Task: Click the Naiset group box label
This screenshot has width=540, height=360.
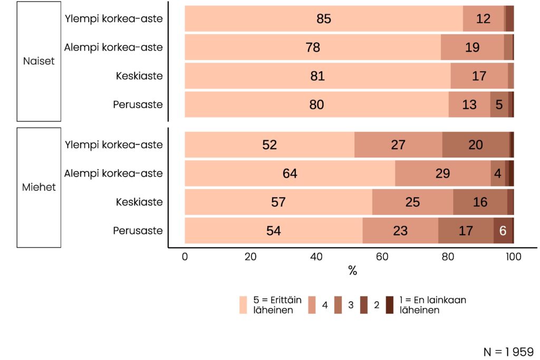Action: pos(38,61)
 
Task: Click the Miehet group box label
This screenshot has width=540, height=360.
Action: pos(40,187)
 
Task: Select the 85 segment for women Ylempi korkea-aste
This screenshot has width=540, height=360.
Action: pos(323,19)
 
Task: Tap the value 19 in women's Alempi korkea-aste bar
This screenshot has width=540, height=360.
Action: pos(472,47)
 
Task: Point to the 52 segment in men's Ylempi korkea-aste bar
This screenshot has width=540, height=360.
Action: pos(269,145)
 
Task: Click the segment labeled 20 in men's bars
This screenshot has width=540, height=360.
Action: pos(475,145)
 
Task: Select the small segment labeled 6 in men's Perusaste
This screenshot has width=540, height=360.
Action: pos(502,230)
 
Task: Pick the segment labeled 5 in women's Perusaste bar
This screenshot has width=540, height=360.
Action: pos(499,104)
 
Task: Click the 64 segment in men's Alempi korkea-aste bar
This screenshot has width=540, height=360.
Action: pos(290,173)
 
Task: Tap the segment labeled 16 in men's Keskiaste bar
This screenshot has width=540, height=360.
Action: pos(480,202)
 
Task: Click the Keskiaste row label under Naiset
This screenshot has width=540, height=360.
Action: pos(139,76)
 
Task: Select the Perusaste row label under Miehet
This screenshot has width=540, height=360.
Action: pos(138,230)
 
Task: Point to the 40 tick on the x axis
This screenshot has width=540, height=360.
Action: pos(316,257)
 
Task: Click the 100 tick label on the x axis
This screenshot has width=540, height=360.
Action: pos(513,257)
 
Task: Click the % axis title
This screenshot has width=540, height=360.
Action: pos(353,271)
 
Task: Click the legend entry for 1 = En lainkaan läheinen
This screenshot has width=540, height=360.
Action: pos(432,305)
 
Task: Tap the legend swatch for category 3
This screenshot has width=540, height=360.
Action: pos(338,305)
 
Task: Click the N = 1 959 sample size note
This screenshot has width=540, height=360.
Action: pos(508,352)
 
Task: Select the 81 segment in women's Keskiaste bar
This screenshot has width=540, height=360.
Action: pos(317,76)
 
